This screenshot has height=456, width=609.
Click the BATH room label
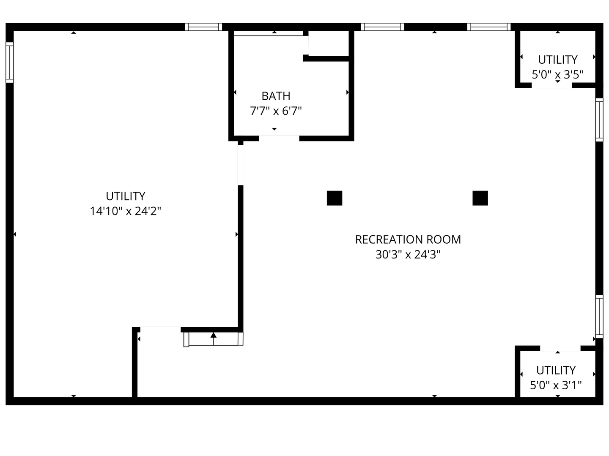click(276, 96)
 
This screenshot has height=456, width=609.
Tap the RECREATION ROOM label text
click(408, 239)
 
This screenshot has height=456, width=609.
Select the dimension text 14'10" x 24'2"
click(126, 211)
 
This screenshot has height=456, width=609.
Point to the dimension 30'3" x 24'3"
click(408, 255)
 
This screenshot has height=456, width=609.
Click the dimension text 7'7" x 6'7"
click(276, 111)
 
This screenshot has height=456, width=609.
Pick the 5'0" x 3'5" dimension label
click(558, 74)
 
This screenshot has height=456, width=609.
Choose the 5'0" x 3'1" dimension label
click(556, 385)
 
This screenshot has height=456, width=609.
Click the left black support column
click(335, 198)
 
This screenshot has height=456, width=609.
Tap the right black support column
click(480, 198)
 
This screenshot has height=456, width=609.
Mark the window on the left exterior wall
click(10, 62)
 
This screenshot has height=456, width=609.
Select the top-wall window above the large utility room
click(204, 27)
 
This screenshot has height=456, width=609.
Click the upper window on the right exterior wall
click(599, 119)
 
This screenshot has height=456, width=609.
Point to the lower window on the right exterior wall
click(599, 317)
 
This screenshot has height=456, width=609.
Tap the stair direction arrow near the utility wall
click(213, 339)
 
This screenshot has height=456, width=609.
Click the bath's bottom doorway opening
click(279, 138)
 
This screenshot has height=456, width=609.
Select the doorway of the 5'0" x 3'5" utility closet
click(552, 85)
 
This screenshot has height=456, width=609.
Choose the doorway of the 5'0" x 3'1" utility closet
click(560, 348)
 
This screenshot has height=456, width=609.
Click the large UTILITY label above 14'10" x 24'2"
click(126, 196)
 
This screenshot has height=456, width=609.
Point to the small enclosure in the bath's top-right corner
click(329, 43)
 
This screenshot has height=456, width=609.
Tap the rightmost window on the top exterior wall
click(489, 27)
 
